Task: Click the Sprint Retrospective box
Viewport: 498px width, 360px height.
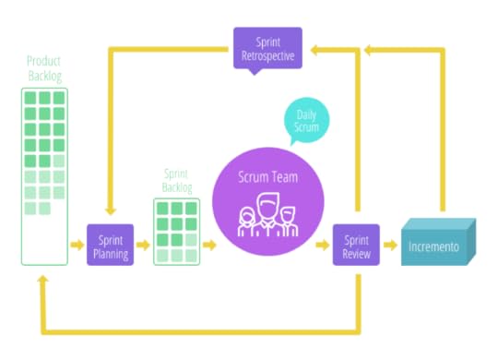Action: [267, 47]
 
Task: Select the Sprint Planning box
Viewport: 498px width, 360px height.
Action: [110, 245]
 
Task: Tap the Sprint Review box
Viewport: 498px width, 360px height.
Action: [355, 245]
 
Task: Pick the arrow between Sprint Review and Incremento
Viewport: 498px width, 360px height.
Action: [391, 246]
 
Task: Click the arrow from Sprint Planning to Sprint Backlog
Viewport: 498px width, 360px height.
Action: [143, 245]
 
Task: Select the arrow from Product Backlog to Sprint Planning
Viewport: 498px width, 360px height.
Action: [77, 245]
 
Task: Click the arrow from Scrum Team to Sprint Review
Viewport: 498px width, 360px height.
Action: [322, 246]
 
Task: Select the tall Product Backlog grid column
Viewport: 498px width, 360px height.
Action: [44, 175]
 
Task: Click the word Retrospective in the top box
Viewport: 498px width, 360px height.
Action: [267, 54]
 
